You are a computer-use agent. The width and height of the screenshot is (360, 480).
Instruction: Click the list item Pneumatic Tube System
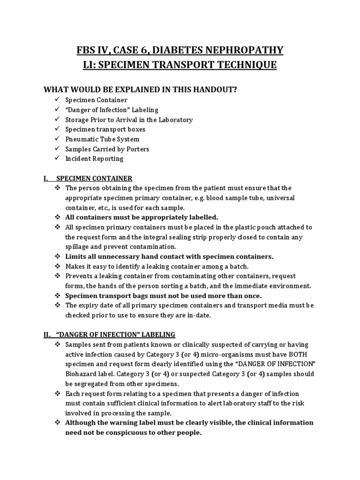click(x=102, y=139)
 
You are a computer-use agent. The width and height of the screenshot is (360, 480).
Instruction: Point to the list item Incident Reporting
click(x=94, y=158)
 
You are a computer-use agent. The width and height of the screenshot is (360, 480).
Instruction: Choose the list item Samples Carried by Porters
click(x=107, y=149)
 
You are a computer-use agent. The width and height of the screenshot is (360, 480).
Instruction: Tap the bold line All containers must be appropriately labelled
click(x=142, y=217)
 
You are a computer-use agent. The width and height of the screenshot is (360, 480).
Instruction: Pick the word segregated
click(x=97, y=383)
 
